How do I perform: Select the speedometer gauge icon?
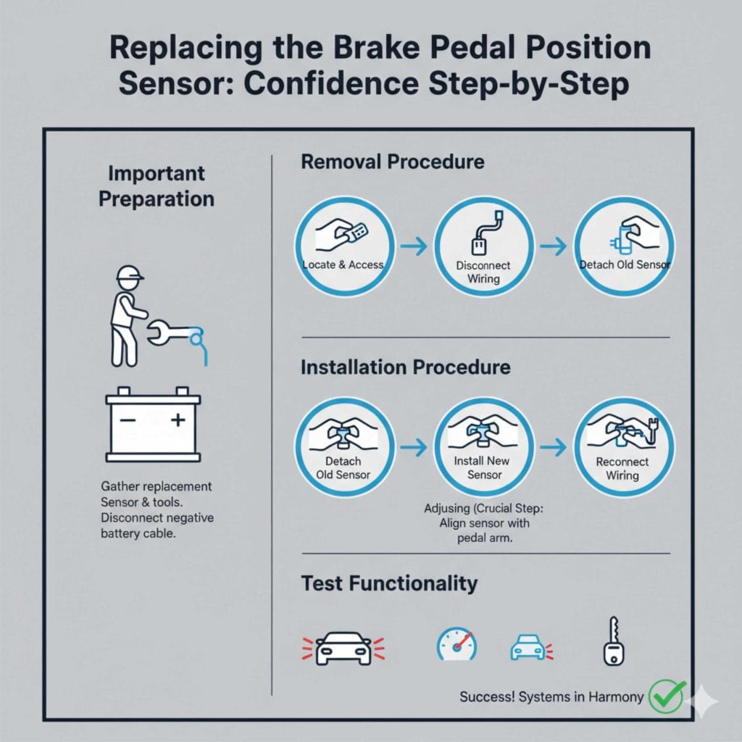457,643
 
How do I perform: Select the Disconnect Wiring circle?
483,248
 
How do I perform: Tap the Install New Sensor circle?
483,447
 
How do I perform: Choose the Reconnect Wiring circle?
623,447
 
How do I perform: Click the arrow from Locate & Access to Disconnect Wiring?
414,248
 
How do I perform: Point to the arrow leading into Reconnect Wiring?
554,449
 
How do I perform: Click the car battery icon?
153,427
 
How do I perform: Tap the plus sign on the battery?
178,420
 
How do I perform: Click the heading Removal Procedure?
392,162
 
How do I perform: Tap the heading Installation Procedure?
405,367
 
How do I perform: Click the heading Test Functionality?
389,583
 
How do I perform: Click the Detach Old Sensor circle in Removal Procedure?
623,248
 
